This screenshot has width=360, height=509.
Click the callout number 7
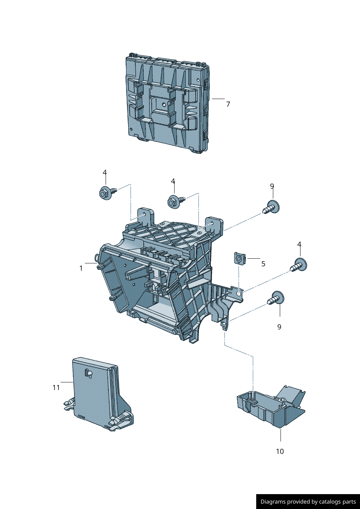(228, 104)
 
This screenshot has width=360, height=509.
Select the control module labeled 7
(167, 103)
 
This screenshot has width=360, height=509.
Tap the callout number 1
(81, 268)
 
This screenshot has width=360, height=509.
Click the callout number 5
(263, 264)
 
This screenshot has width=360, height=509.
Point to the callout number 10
(280, 452)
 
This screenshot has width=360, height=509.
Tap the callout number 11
(56, 388)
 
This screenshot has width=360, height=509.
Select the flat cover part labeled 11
(96, 392)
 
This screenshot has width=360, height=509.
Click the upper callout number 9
(272, 186)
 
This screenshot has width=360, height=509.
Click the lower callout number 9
(279, 327)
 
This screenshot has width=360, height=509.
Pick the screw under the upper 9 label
(271, 208)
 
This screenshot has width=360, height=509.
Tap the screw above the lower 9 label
(276, 299)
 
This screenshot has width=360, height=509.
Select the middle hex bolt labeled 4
(175, 201)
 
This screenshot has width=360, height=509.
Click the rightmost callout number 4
(299, 245)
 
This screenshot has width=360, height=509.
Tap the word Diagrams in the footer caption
(273, 502)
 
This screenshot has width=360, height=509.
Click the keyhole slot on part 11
(88, 373)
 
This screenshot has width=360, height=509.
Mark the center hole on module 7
(164, 105)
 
